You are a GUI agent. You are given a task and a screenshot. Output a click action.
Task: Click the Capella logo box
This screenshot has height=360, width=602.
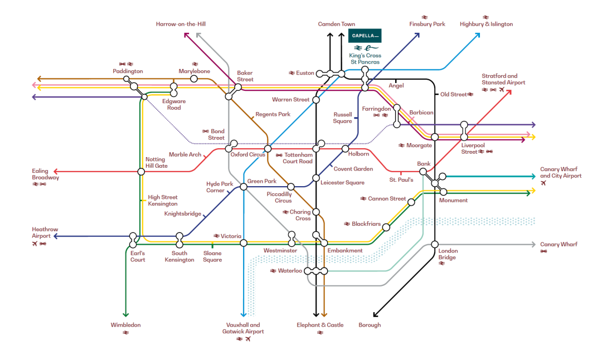click(365, 36)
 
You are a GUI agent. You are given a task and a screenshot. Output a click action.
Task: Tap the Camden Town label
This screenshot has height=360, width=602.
click(337, 25)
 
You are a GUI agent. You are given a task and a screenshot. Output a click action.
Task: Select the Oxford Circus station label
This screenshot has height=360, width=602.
click(247, 154)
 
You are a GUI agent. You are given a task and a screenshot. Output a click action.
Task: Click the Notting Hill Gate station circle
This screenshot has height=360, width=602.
click(141, 172)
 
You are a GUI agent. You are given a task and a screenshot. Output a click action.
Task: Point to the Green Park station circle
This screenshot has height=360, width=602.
click(244, 187)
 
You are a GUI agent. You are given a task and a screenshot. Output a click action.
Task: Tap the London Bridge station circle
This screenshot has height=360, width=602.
click(435, 245)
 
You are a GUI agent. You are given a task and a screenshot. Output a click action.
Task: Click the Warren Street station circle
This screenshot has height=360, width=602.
click(316, 100)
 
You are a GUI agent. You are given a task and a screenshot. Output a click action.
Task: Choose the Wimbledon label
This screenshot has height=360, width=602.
click(126, 325)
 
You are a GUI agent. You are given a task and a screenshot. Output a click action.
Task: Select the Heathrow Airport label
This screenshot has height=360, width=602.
click(45, 232)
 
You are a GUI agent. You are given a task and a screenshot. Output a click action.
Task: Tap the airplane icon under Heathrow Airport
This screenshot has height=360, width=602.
click(35, 244)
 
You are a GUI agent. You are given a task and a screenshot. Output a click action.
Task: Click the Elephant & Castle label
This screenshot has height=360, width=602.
click(320, 325)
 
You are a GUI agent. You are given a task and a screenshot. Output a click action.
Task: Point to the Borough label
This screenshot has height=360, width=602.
click(370, 325)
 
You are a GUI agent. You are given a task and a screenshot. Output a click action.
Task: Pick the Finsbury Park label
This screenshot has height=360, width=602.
click(427, 25)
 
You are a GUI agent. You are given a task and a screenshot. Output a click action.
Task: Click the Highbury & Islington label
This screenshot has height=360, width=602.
click(486, 25)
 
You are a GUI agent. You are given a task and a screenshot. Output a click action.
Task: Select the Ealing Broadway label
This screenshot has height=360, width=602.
click(45, 174)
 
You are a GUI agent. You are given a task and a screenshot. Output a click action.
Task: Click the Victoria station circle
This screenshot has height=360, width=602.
click(244, 243)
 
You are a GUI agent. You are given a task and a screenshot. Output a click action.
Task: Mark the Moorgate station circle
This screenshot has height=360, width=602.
click(435, 137)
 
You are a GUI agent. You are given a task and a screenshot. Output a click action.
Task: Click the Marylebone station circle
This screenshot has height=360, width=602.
click(194, 79)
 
